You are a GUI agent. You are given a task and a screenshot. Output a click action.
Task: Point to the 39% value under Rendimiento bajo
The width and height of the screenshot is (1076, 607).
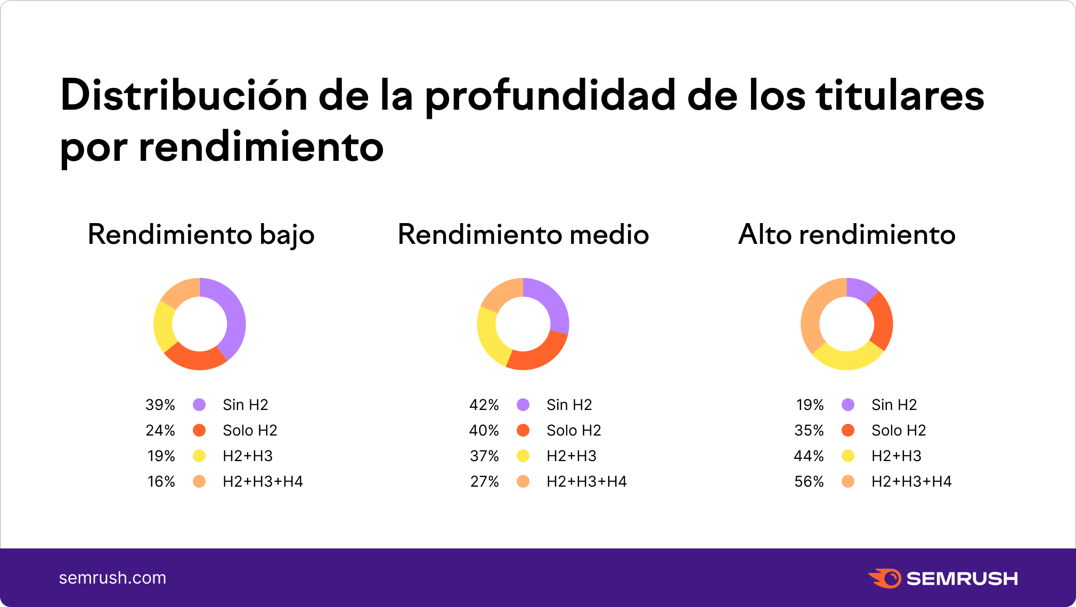pos(160,405)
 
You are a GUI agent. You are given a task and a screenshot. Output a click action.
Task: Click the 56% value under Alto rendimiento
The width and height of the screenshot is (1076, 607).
pos(809,481)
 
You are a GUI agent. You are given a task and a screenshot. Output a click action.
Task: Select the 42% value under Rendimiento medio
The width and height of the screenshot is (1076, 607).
pos(484,405)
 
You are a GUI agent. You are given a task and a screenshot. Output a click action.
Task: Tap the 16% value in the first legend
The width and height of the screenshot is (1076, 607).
pos(161,481)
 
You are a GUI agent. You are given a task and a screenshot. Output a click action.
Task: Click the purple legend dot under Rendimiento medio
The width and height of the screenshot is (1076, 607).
pos(523,405)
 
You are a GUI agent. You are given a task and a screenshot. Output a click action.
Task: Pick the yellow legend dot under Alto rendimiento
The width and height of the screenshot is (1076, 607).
pos(848,456)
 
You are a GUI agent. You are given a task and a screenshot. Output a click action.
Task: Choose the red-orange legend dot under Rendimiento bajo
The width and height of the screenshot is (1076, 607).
pos(199,430)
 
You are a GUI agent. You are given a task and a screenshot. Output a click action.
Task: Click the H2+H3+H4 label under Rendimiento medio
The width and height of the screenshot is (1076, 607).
pos(586,481)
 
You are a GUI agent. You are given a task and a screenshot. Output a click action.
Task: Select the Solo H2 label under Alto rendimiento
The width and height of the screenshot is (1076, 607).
pos(899,430)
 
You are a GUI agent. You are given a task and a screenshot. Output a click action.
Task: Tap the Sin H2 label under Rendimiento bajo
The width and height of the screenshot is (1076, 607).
pos(245,405)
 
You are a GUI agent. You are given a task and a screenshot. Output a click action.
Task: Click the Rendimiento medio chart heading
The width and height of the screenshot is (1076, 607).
pos(523,234)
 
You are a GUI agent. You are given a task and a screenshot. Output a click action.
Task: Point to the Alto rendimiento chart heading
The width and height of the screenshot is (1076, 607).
pos(847,234)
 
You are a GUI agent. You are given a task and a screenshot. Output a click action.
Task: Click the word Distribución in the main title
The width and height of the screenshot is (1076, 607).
pos(184,96)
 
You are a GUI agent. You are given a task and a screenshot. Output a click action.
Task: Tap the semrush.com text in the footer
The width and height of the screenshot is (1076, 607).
pos(112,578)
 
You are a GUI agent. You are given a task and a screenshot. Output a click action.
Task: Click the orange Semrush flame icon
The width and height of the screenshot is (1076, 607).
pos(885,578)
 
